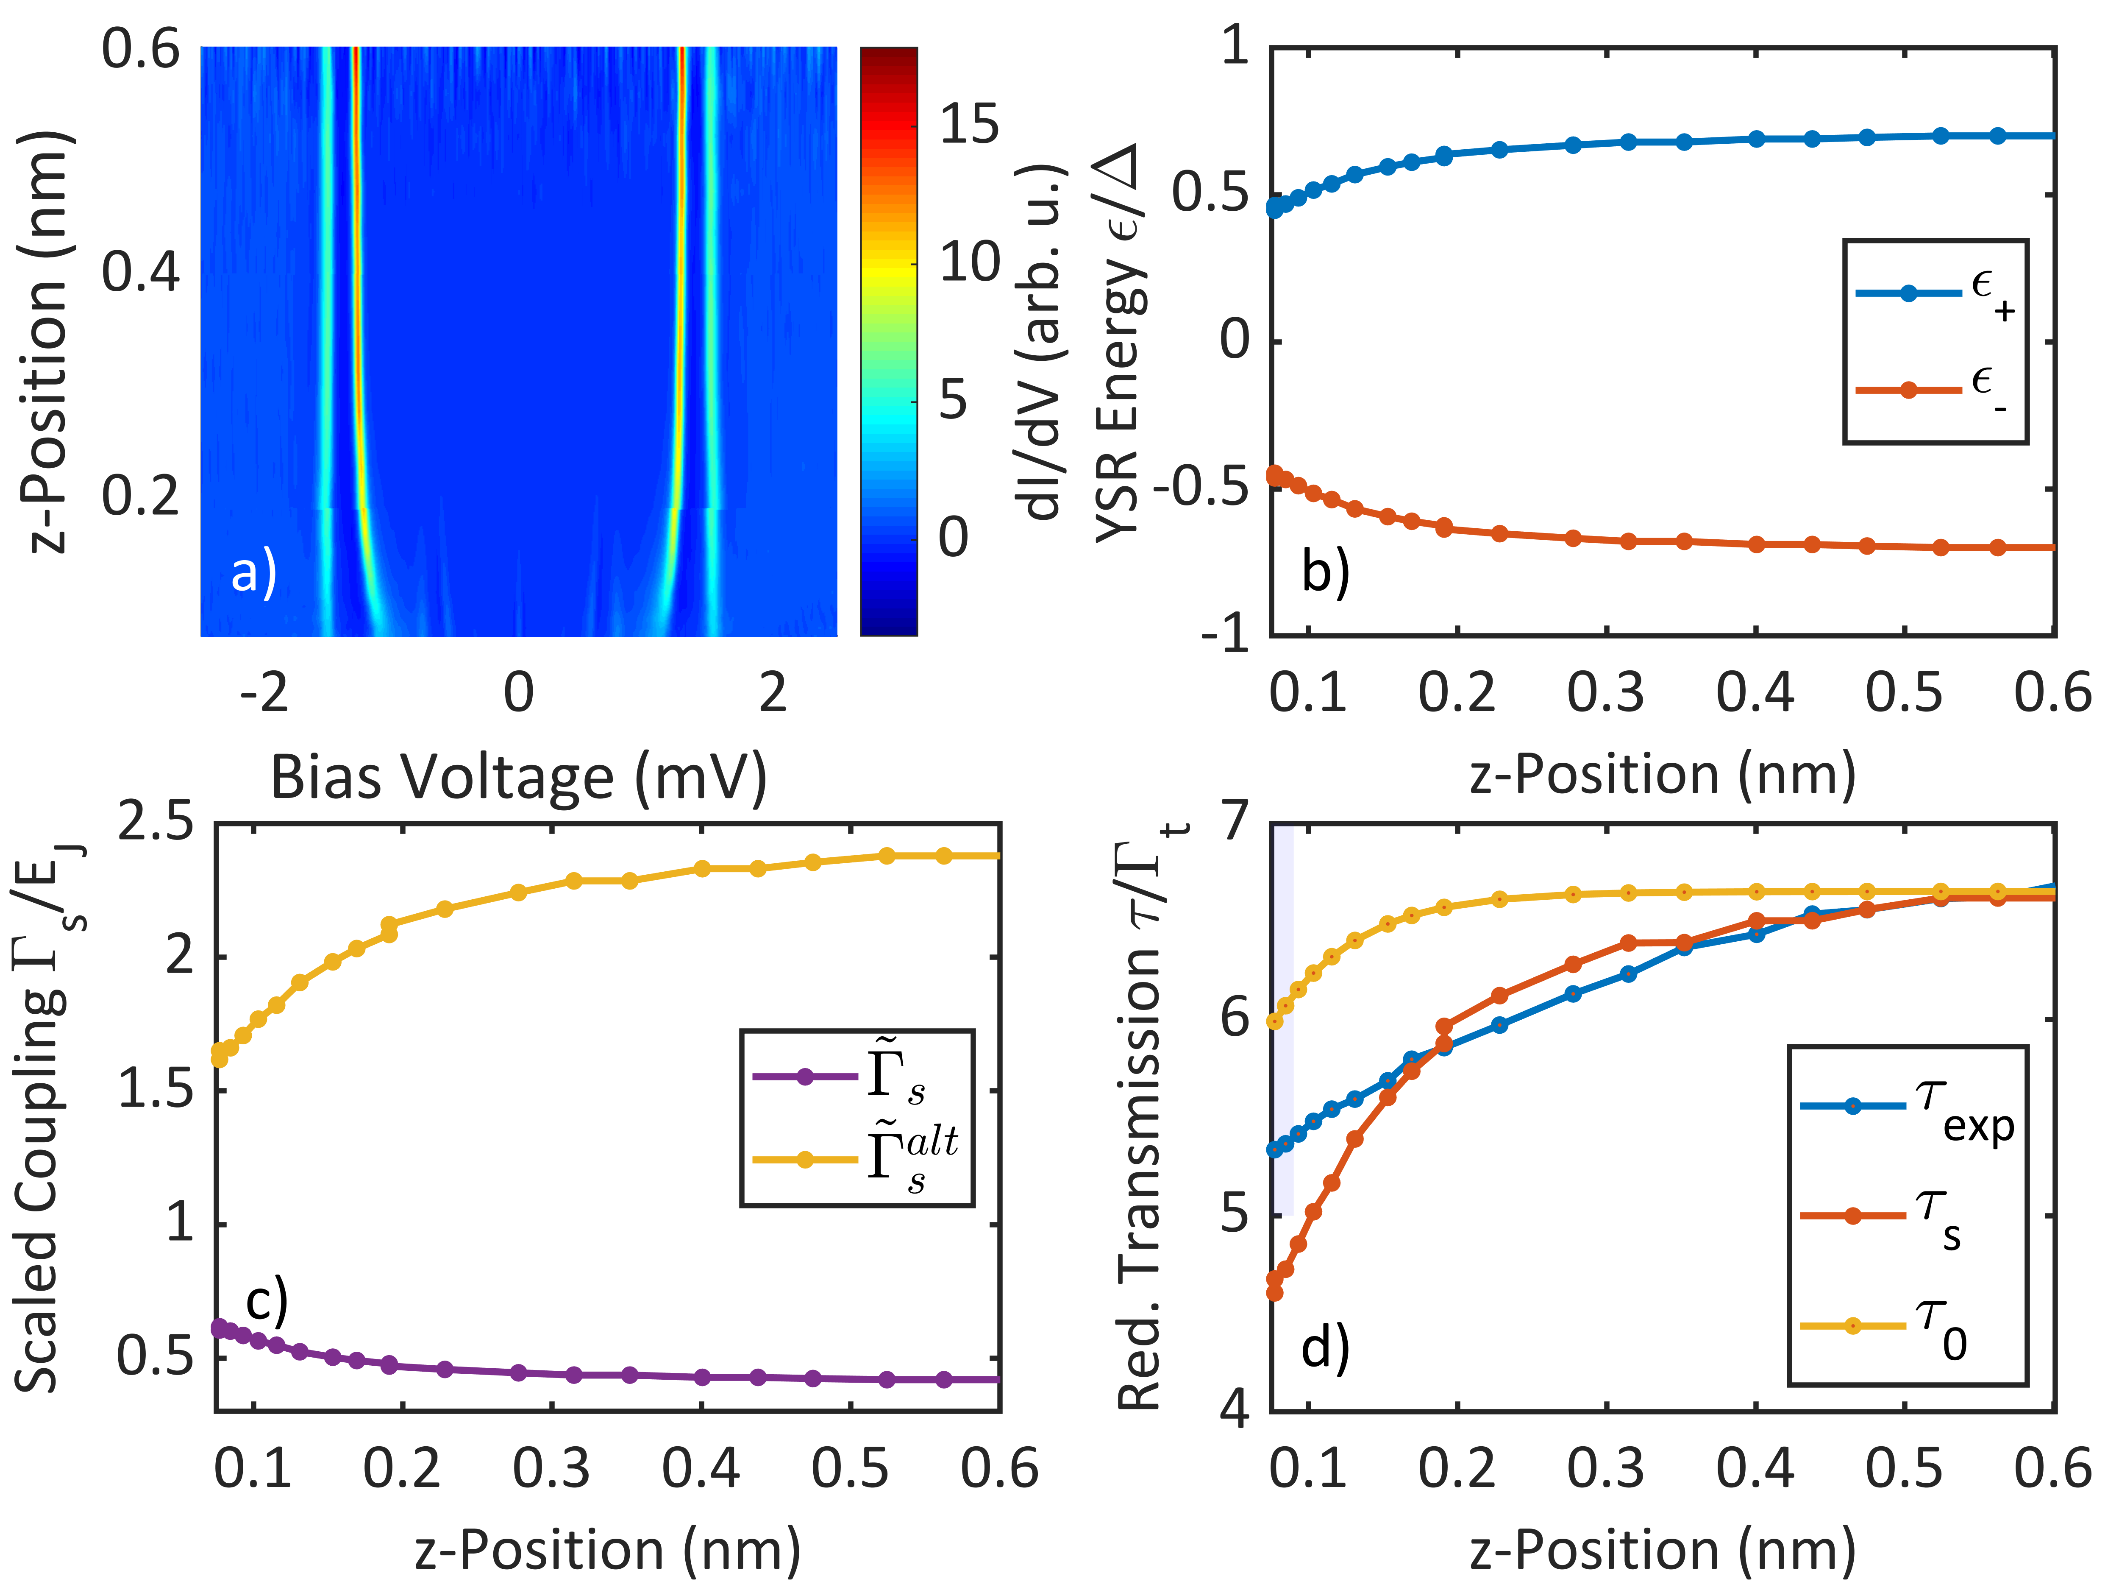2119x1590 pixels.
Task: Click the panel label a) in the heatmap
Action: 254,573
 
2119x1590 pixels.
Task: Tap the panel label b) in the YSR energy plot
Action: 1325,573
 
